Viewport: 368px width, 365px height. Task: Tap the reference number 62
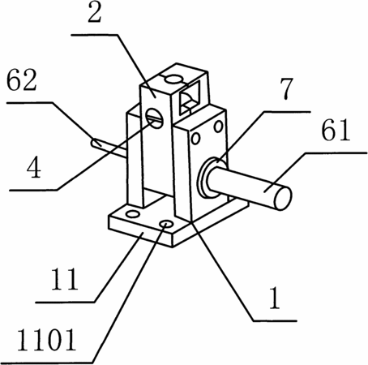[x=21, y=80]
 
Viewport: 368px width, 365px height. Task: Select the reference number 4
[x=34, y=168]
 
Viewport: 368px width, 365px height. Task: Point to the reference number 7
[x=286, y=88]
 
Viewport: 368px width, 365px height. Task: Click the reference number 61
[x=336, y=131]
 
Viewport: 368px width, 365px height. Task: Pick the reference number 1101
[x=46, y=340]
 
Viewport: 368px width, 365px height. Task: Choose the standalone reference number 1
[x=275, y=298]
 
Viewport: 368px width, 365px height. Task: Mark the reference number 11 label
[x=65, y=279]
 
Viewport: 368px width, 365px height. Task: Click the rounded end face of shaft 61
[x=283, y=198]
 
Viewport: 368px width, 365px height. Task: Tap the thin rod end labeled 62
[x=95, y=143]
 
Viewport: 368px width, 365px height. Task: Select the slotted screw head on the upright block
[x=155, y=118]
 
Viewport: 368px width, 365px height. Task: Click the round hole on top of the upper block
[x=174, y=79]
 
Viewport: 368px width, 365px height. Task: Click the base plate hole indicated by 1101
[x=166, y=224]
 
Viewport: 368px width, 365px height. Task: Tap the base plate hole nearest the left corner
[x=133, y=215]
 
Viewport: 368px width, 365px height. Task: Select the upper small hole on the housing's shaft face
[x=218, y=127]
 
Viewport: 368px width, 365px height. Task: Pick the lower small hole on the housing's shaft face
[x=195, y=138]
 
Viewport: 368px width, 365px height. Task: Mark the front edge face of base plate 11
[x=140, y=231]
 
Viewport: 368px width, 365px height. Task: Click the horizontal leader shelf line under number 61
[x=336, y=153]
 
